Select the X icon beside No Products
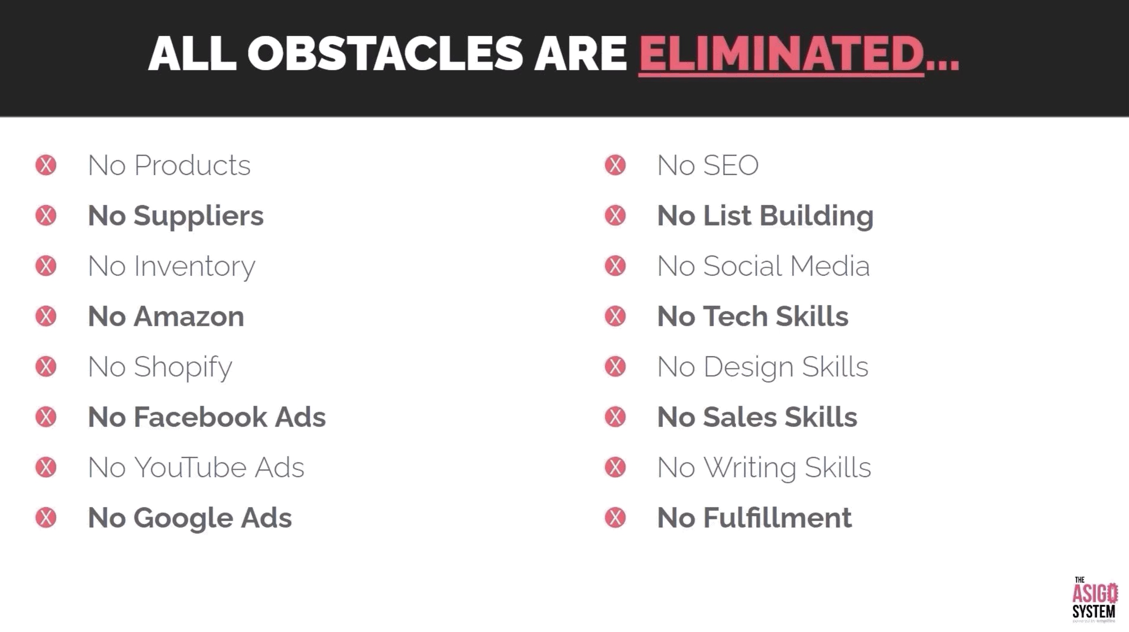click(x=46, y=165)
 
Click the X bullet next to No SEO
click(x=615, y=165)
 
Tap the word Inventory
click(x=195, y=267)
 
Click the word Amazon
click(x=189, y=316)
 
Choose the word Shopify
click(x=183, y=367)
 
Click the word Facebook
click(x=200, y=417)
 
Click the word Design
click(x=748, y=367)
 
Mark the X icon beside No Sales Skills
click(x=615, y=417)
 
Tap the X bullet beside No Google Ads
click(x=46, y=517)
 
